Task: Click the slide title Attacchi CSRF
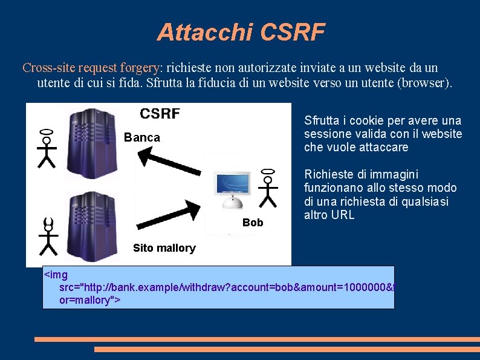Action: [241, 32]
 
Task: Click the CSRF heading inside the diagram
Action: [160, 113]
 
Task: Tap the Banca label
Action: [142, 138]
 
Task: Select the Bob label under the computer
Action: [253, 223]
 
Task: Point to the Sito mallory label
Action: [164, 248]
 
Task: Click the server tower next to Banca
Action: [91, 143]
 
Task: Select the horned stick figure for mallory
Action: [48, 235]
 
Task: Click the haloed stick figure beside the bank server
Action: [47, 148]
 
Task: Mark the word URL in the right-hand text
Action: [342, 215]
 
